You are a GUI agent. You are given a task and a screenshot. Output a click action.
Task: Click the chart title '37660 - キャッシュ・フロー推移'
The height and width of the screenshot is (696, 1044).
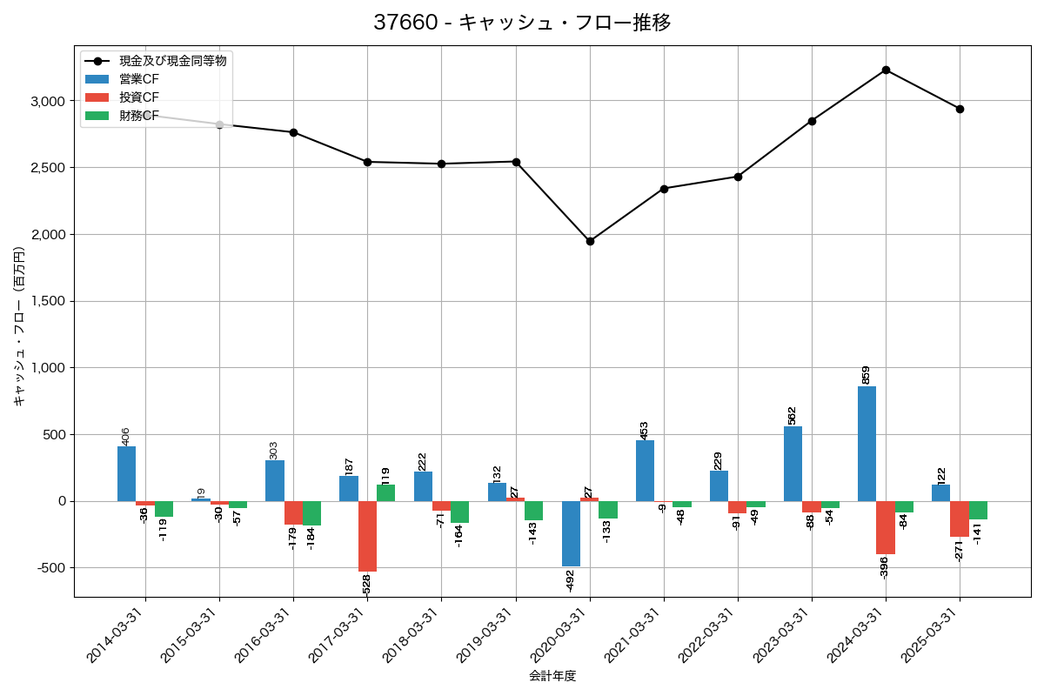click(x=522, y=23)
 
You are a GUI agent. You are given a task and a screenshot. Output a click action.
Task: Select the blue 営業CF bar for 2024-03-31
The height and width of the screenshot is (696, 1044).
click(x=867, y=444)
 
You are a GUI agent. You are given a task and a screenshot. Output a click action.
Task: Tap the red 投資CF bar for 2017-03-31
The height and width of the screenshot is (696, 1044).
click(x=367, y=536)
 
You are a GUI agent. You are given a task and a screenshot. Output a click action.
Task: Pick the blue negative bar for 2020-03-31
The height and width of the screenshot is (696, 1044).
click(x=571, y=533)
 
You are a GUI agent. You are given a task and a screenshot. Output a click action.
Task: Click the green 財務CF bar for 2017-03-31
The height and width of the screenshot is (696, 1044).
click(x=385, y=492)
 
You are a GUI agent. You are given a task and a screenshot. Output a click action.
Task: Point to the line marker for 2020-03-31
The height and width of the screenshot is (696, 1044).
click(x=590, y=241)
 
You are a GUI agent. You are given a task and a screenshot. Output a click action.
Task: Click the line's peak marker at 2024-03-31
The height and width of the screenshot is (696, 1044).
click(x=886, y=70)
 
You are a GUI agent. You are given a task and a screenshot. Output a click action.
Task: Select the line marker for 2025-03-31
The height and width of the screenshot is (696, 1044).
click(x=960, y=109)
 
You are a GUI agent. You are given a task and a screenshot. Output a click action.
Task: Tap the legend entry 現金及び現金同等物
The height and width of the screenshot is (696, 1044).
click(x=173, y=61)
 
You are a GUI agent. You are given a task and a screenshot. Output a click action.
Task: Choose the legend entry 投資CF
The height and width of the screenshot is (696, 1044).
click(x=139, y=97)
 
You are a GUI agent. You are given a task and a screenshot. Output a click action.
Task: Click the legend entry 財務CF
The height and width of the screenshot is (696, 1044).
click(x=139, y=115)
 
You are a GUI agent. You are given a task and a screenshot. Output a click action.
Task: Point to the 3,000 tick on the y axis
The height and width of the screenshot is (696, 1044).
click(x=47, y=101)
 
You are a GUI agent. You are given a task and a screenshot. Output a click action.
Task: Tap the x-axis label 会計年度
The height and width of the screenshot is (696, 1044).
click(x=552, y=676)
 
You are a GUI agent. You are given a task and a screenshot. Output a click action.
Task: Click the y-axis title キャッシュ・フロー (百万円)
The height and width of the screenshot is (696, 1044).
click(x=19, y=327)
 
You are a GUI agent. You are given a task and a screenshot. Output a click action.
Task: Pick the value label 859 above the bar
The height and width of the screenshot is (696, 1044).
click(x=866, y=374)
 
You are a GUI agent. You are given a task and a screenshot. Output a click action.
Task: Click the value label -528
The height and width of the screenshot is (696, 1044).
click(x=366, y=584)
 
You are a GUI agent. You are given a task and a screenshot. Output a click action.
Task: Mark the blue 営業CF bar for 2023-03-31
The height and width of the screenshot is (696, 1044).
click(x=793, y=464)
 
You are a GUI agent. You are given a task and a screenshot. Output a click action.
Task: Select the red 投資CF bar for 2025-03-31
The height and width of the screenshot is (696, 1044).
click(x=960, y=519)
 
